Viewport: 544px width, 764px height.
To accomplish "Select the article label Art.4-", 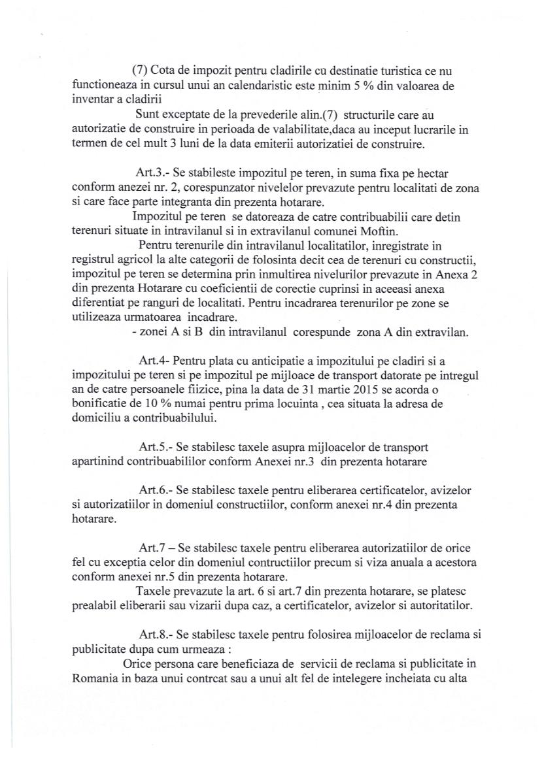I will click(x=154, y=360).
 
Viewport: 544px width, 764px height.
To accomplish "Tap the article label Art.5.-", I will click(x=155, y=447).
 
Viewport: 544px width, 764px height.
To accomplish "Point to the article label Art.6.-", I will click(x=155, y=490).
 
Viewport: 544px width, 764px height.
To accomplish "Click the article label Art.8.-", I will click(x=155, y=635).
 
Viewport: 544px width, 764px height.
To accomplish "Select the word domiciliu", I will click(x=95, y=418).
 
